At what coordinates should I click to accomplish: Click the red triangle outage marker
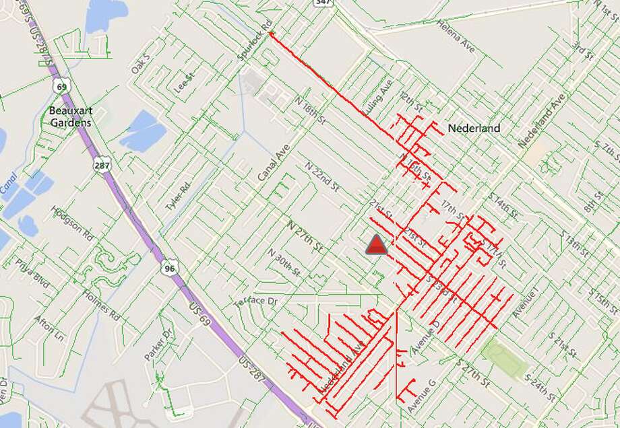pyautogui.click(x=377, y=246)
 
